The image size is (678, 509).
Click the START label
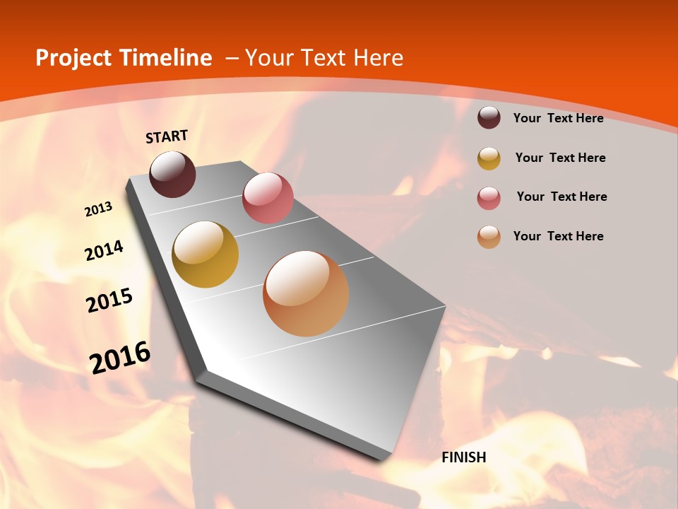(167, 136)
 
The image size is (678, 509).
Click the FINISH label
(464, 457)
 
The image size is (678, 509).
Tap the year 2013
(98, 209)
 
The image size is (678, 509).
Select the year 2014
(104, 250)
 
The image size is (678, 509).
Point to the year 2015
(109, 300)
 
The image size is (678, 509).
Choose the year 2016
(120, 358)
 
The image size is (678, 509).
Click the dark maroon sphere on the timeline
(172, 174)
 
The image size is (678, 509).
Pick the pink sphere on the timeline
(268, 197)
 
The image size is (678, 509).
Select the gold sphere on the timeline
(206, 255)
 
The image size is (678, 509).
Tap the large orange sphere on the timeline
(306, 293)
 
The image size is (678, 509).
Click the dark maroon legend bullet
(489, 118)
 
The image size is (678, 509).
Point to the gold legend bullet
(489, 158)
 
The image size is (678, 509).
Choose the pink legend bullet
(489, 198)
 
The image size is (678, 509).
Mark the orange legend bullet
(489, 237)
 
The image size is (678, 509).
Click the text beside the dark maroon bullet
(558, 118)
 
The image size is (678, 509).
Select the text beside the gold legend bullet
(560, 158)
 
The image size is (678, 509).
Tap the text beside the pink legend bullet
(561, 197)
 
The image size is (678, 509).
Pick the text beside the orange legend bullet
(558, 236)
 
